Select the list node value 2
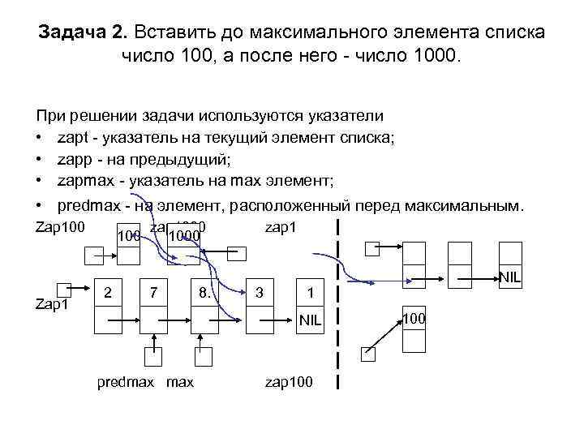(x=109, y=290)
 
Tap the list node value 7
(x=152, y=290)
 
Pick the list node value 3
(x=259, y=290)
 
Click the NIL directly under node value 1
(x=310, y=320)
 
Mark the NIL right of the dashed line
(x=509, y=277)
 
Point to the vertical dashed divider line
(x=337, y=308)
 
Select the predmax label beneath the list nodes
(x=126, y=380)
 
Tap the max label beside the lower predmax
(x=180, y=380)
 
